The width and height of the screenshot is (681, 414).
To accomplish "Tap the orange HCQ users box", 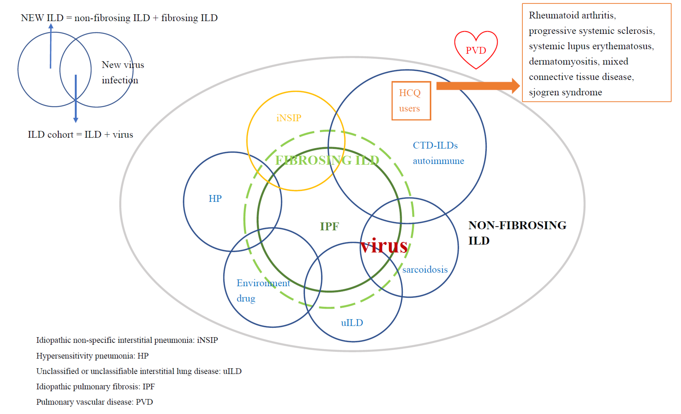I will pyautogui.click(x=411, y=101).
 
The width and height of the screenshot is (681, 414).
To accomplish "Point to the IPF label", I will pyautogui.click(x=329, y=226).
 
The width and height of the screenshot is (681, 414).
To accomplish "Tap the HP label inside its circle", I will pyautogui.click(x=215, y=199).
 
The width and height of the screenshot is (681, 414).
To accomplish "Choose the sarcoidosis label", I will pyautogui.click(x=425, y=269).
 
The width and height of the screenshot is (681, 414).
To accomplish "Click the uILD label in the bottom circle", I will pyautogui.click(x=352, y=323).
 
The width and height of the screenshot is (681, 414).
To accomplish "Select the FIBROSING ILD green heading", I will pyautogui.click(x=327, y=160).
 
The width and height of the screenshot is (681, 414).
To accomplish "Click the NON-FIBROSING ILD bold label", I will pyautogui.click(x=517, y=232).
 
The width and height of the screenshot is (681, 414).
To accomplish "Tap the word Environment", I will pyautogui.click(x=263, y=283).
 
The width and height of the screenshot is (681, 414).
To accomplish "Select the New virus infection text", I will pyautogui.click(x=123, y=72).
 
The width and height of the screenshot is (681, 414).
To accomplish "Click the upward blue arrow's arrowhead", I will pyautogui.click(x=51, y=26).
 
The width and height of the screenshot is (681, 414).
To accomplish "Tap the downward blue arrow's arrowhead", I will pyautogui.click(x=76, y=120).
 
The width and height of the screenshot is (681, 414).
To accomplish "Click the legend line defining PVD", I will pyautogui.click(x=95, y=402).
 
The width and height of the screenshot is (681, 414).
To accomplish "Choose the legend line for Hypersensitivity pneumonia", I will pyautogui.click(x=92, y=356).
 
